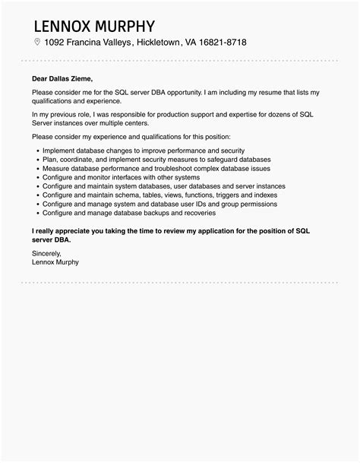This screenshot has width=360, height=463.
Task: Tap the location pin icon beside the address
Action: (36, 42)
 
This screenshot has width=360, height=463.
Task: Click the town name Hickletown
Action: (158, 43)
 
